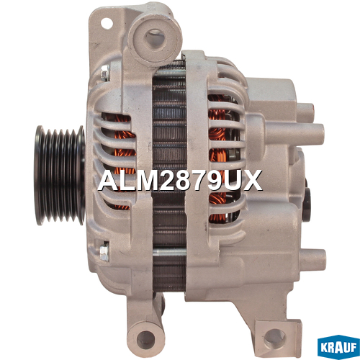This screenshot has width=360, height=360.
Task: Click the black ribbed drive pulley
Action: pos(60,176)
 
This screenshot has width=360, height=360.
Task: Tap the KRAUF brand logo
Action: pos(338,347)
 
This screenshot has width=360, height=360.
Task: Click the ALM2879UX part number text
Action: pos(180,181)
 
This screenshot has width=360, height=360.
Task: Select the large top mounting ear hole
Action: pos(155,38)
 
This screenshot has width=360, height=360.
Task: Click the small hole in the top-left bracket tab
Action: pos(107,24)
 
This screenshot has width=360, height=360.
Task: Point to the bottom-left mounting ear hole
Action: pos(145,339)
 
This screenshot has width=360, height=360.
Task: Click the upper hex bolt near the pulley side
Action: pos(105,72)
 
